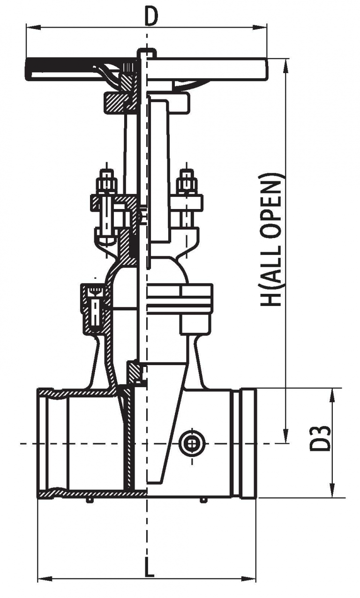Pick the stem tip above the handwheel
tap(147, 52)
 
